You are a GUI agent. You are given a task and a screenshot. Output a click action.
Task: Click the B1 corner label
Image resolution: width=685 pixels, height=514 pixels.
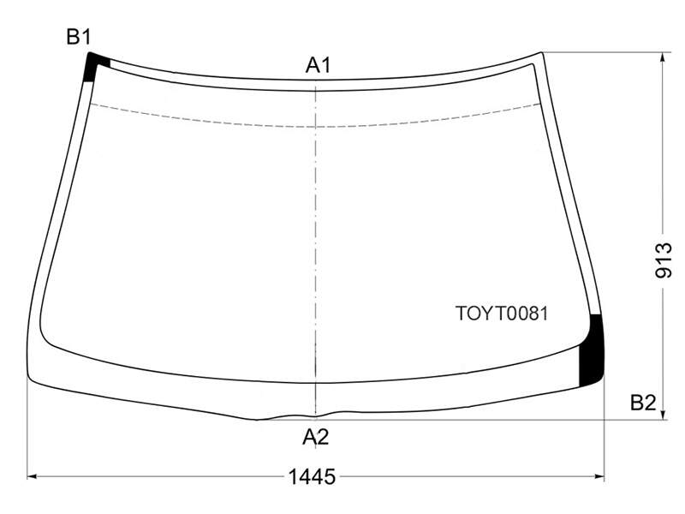coord(79,37)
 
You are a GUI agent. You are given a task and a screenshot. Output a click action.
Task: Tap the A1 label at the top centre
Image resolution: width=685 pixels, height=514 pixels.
coord(318,65)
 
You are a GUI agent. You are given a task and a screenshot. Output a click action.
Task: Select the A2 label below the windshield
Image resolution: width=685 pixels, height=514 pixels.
coord(315,437)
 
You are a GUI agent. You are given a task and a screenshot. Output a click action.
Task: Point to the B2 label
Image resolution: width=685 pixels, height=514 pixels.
coord(643,403)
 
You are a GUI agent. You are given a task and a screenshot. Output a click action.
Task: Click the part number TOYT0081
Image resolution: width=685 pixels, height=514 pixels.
coord(502,314)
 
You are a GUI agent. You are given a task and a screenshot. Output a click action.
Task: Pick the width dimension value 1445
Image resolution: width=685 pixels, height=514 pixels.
coord(312,476)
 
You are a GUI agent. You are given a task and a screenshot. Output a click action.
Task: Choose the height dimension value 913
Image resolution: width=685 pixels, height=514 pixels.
coord(663,260)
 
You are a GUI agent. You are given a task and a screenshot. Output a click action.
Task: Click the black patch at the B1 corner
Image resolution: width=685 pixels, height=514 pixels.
coord(94,65)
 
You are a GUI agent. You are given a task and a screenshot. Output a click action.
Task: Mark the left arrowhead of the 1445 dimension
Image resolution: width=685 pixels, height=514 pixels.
coord(32,476)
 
